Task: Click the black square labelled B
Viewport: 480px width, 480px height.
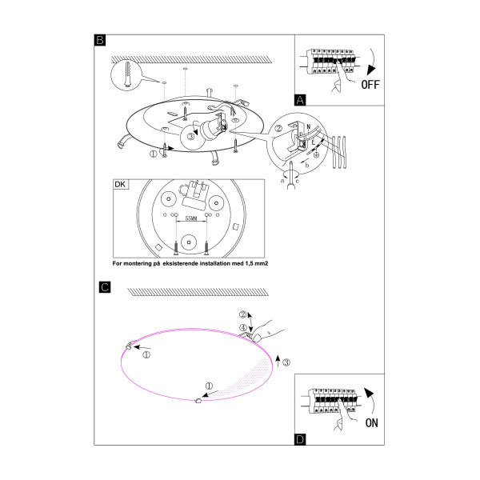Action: tap(100, 40)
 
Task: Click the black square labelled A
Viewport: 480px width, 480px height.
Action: tap(300, 100)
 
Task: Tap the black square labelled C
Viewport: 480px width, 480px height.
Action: tap(105, 287)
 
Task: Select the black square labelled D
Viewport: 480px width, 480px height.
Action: tap(300, 439)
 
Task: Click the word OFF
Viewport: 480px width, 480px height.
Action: tap(370, 85)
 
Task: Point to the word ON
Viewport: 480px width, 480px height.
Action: tap(372, 423)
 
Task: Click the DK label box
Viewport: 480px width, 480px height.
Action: tap(121, 184)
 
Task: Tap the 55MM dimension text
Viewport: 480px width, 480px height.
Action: tap(191, 218)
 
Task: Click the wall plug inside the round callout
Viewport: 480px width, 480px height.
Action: tap(128, 74)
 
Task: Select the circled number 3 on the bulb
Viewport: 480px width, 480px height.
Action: tap(190, 137)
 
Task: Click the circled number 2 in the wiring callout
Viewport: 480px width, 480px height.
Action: tap(278, 128)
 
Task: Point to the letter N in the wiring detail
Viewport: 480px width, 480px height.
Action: tap(309, 126)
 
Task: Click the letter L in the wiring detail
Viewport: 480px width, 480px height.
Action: tap(313, 142)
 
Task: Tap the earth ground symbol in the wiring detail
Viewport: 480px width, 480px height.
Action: tap(317, 155)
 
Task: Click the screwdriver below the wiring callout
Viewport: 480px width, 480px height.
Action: tap(292, 175)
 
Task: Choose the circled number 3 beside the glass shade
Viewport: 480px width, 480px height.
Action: tap(286, 362)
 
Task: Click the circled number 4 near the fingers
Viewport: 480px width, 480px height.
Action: tap(243, 328)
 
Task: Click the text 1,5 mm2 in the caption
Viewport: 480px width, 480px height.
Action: tap(257, 263)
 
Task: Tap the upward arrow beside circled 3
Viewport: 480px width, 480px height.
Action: tap(278, 362)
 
